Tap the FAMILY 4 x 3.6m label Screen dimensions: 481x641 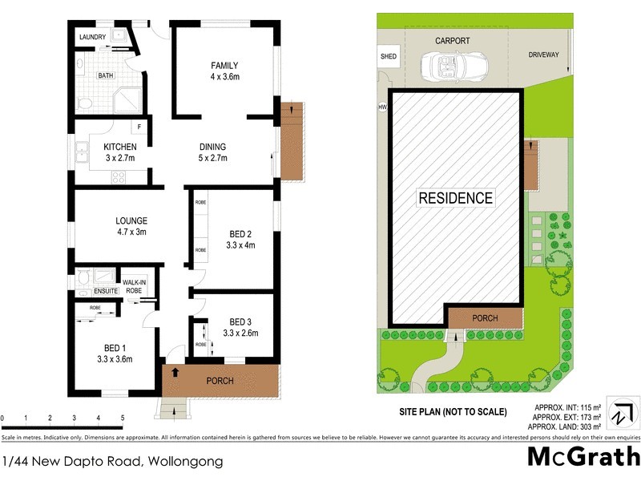224,71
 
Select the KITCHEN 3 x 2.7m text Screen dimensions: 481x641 119,152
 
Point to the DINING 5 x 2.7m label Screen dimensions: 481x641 212,152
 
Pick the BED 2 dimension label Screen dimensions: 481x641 240,240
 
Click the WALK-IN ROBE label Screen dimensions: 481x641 134,286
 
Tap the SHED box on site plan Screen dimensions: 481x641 388,57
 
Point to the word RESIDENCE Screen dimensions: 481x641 456,197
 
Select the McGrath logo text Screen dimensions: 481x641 583,457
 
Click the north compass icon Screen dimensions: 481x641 622,415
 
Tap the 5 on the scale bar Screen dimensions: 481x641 122,418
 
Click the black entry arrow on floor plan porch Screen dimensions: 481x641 175,373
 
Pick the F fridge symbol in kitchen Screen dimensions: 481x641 139,127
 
